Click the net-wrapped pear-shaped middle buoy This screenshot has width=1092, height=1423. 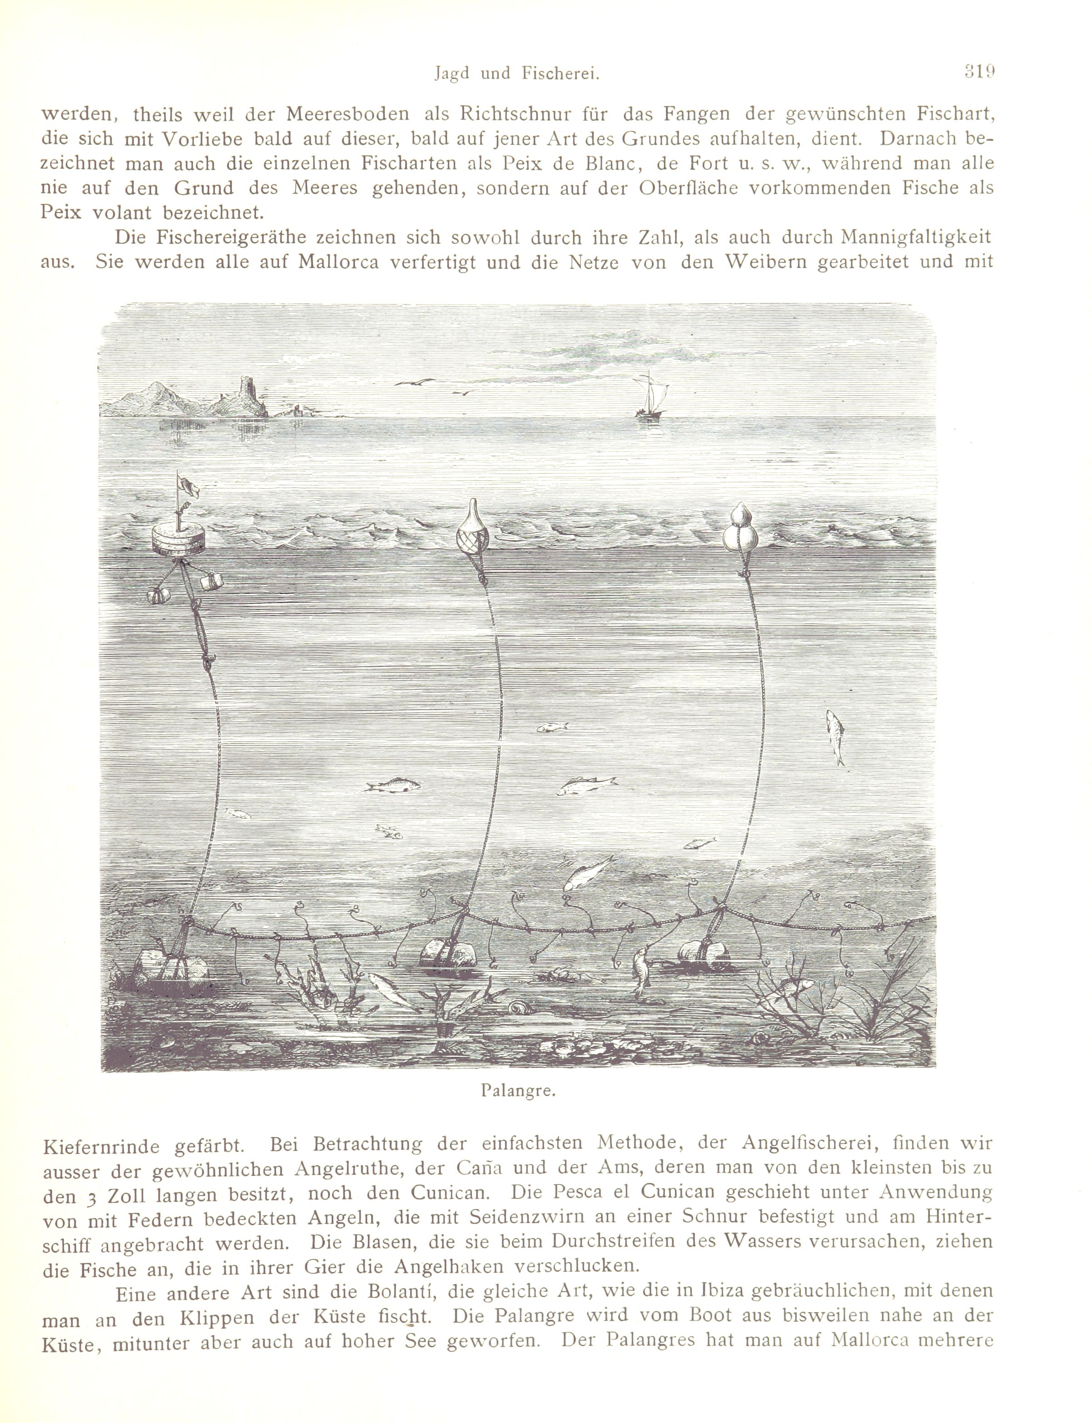(x=475, y=530)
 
